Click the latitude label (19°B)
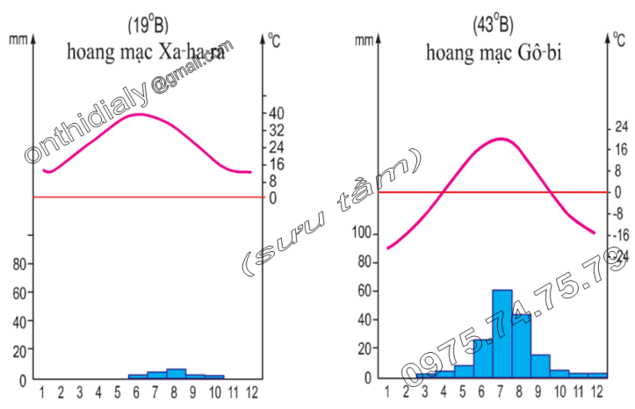pyautogui.click(x=148, y=24)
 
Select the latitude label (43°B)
pyautogui.click(x=494, y=24)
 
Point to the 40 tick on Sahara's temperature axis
pyautogui.click(x=276, y=113)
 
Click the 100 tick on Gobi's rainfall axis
pyautogui.click(x=363, y=233)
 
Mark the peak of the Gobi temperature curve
pyautogui.click(x=501, y=139)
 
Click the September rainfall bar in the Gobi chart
pyautogui.click(x=540, y=366)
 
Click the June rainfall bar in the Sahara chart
pyautogui.click(x=137, y=376)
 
